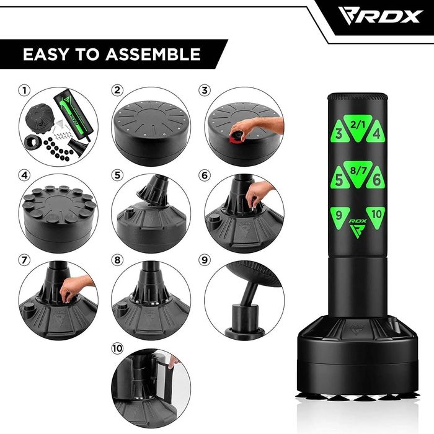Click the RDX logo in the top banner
tap(381, 17)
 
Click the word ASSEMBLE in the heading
tap(153, 55)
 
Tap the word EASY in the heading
tap(46, 55)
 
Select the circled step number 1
tap(24, 91)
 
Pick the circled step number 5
tap(117, 175)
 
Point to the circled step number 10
tap(117, 348)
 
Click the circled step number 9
tap(205, 260)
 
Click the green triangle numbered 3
tap(339, 132)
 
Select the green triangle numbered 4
tap(376, 132)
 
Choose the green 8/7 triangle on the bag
tap(358, 173)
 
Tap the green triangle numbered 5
tap(339, 179)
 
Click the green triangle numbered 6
tap(376, 179)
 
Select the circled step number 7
tap(24, 260)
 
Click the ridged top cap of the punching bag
tap(358, 97)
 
